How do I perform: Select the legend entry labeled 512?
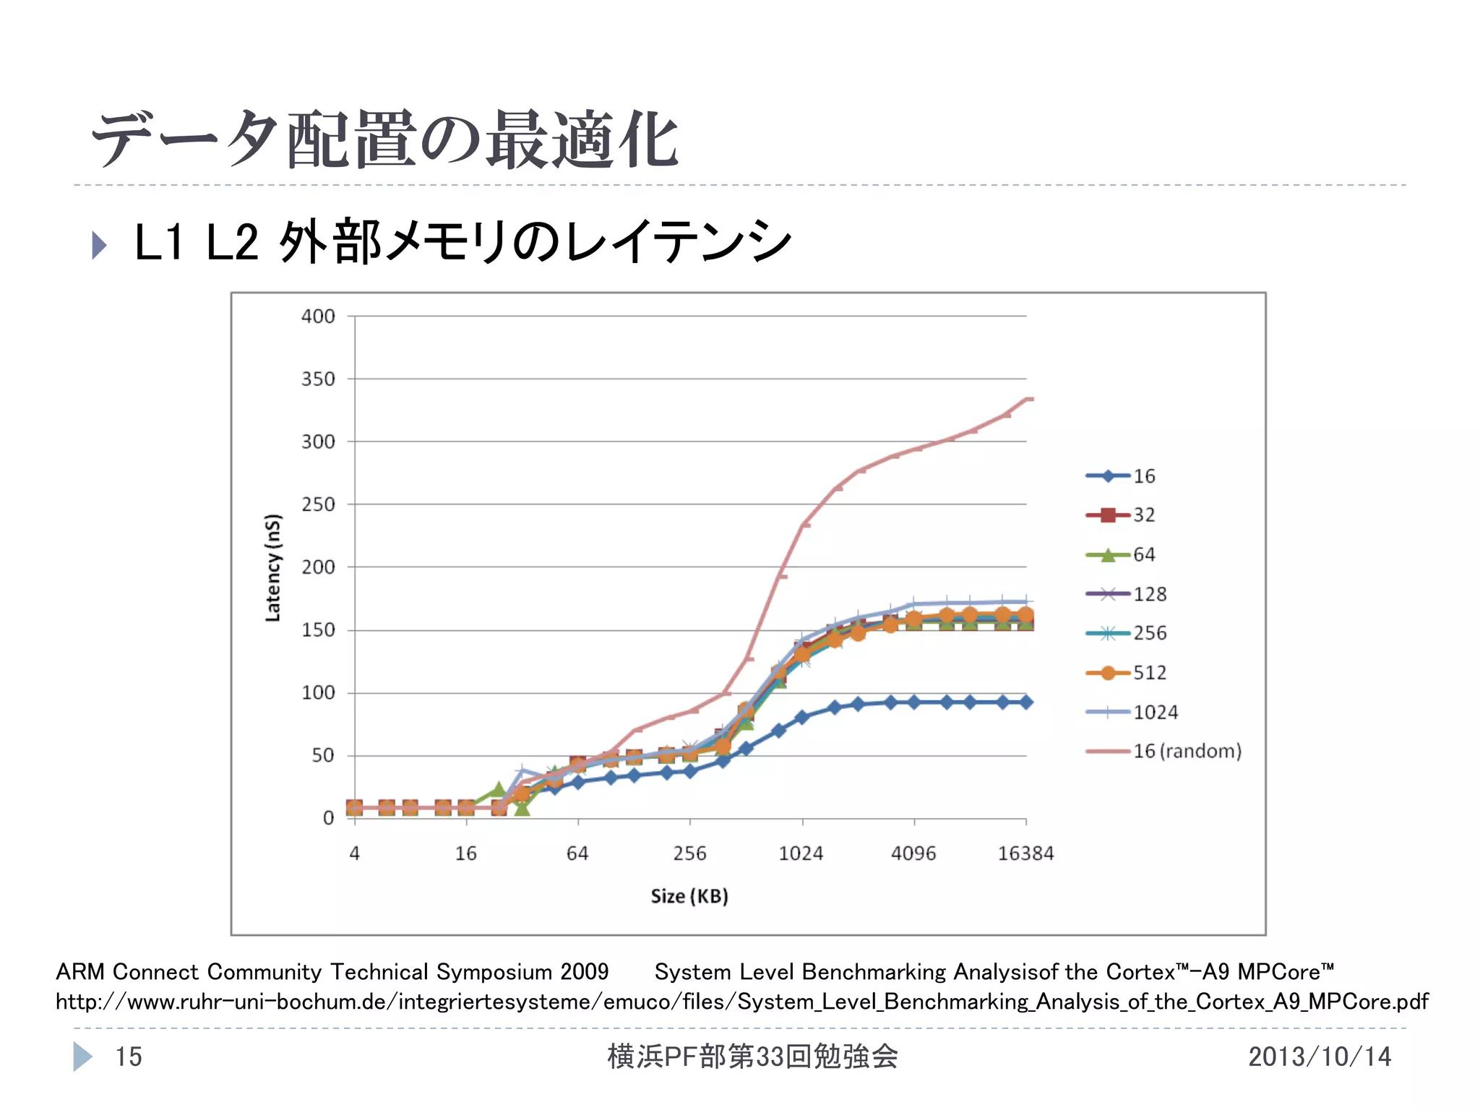click(1149, 673)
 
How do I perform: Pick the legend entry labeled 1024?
click(1155, 712)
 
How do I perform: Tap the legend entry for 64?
click(1143, 554)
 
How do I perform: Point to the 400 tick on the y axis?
click(318, 316)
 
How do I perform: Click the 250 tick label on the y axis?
click(318, 504)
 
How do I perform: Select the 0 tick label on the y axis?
click(328, 818)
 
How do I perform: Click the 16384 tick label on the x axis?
click(1025, 853)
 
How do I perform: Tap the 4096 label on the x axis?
click(913, 853)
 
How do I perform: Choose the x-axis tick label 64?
click(577, 853)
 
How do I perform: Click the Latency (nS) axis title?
click(272, 567)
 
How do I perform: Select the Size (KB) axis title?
click(689, 896)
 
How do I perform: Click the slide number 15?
click(129, 1057)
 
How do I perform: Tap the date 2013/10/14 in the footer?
click(1319, 1057)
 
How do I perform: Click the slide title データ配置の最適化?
click(384, 139)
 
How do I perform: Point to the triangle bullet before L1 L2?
click(99, 245)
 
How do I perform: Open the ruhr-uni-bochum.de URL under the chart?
click(741, 1002)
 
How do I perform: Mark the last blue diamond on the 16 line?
click(1025, 702)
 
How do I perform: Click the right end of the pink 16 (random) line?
click(1030, 398)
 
